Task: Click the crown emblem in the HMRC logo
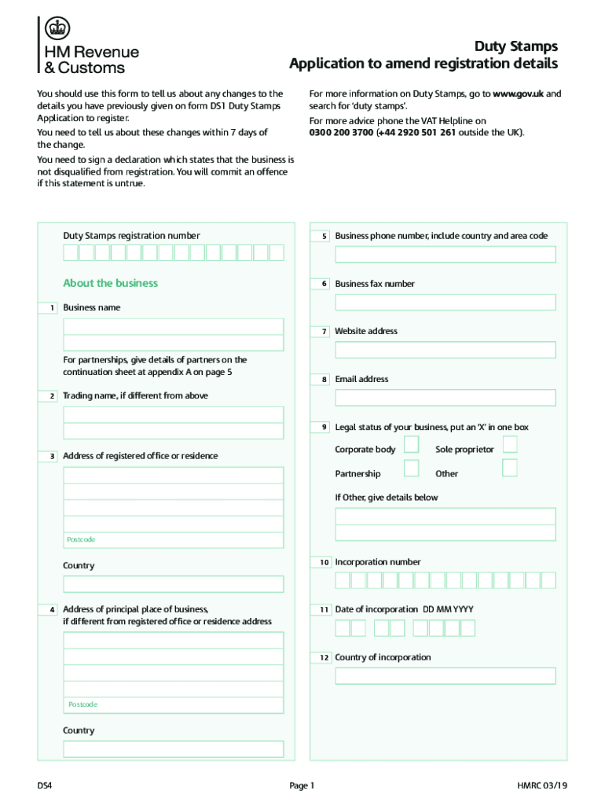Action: coord(56,30)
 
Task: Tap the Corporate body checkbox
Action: coord(411,445)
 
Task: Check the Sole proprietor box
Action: coord(510,445)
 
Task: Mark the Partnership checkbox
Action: coord(411,469)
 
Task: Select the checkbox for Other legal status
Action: coord(510,469)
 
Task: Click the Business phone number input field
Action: coord(445,255)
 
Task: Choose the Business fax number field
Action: coord(445,303)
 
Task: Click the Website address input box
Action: coord(445,350)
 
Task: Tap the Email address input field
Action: coord(445,398)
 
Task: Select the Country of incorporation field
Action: coord(445,676)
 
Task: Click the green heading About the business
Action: coord(110,283)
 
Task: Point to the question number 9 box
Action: coord(324,427)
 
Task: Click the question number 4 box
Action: coord(51,609)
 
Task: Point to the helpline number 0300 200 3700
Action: coord(341,132)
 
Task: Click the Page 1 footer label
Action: coord(302,785)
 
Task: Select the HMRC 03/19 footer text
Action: coord(542,785)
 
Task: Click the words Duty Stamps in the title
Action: coord(515,46)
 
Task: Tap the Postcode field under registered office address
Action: coord(173,540)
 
